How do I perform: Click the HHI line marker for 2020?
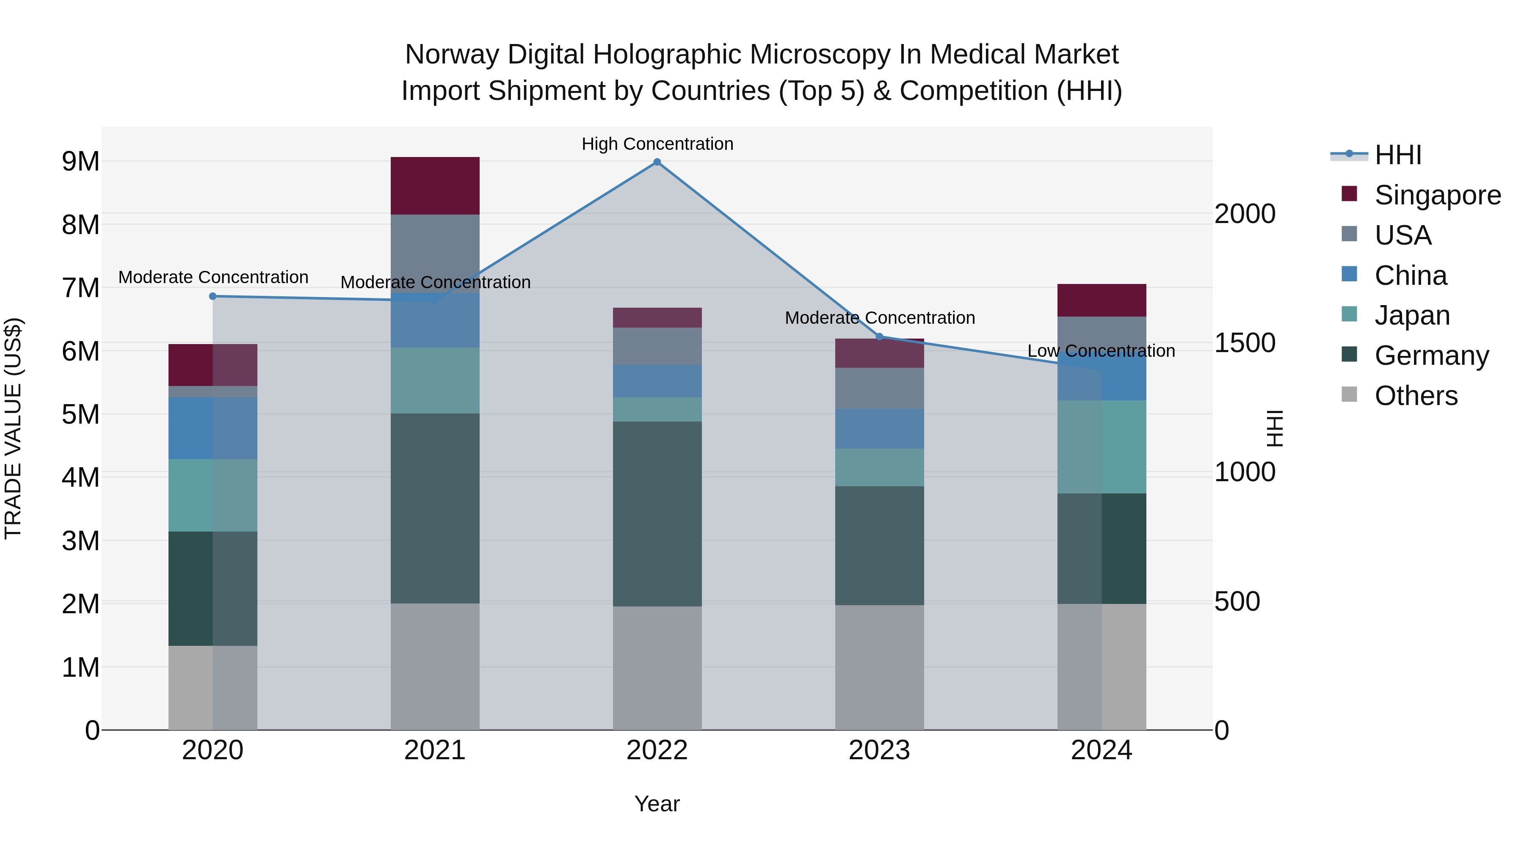point(213,296)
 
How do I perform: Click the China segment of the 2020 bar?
point(213,428)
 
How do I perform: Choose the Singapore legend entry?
point(1437,195)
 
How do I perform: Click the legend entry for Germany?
point(1431,355)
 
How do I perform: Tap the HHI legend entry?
point(1397,155)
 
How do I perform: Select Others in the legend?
point(1416,396)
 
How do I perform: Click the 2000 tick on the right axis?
point(1245,214)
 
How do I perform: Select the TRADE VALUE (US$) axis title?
point(13,428)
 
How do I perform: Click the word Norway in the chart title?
point(452,55)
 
